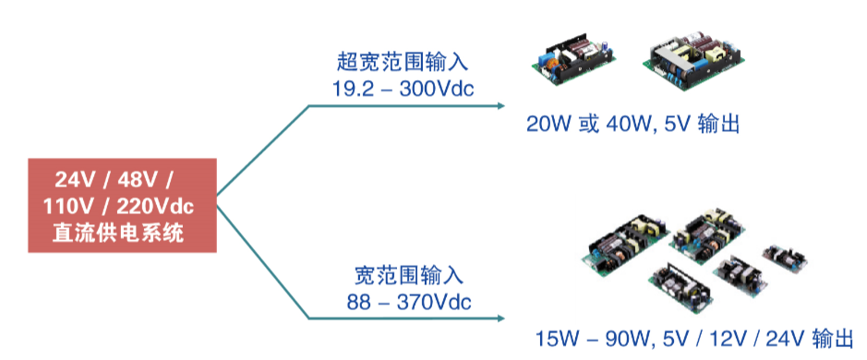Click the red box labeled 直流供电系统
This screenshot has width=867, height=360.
122,205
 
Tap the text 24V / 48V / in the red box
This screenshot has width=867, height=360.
114,180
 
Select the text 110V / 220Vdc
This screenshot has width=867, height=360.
118,206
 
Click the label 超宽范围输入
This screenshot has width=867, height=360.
403,62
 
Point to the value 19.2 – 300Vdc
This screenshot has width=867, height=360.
403,89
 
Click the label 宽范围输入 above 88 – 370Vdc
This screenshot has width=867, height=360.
409,275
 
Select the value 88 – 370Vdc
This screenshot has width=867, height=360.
409,303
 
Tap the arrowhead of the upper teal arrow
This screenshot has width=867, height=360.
501,105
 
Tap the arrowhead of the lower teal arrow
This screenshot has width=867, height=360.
501,318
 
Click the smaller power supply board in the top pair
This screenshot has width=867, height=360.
574,60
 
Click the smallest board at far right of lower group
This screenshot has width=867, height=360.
785,258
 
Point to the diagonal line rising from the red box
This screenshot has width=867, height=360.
262,150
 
